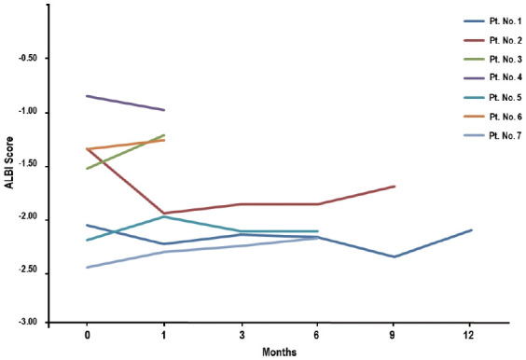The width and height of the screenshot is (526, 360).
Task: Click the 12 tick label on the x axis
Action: tap(472, 333)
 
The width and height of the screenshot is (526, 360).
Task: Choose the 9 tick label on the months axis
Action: tap(394, 333)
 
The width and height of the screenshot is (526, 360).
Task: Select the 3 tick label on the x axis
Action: tap(241, 333)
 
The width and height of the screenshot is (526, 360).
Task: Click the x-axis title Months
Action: tap(279, 352)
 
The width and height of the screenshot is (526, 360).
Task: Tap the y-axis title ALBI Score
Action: tap(9, 163)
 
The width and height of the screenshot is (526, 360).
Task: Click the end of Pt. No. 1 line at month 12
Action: tap(472, 229)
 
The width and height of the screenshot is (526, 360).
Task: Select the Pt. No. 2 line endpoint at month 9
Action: tap(394, 187)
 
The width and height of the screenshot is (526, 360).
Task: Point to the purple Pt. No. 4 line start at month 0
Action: tap(87, 96)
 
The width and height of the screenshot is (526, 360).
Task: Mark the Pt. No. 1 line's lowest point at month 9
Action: tap(394, 256)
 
